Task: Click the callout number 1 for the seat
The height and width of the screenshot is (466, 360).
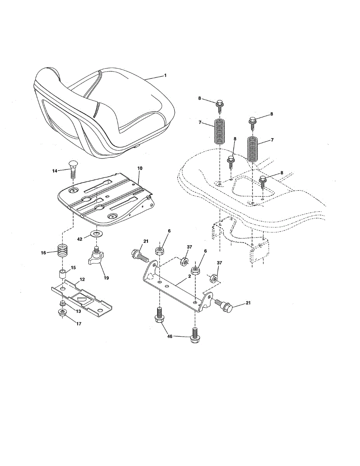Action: (x=165, y=75)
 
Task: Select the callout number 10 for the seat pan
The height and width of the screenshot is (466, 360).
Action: (x=140, y=168)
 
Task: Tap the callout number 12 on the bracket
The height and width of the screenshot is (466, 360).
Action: (x=82, y=279)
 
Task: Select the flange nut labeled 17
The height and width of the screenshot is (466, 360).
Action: (x=62, y=313)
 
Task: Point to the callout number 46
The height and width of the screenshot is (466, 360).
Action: (x=170, y=337)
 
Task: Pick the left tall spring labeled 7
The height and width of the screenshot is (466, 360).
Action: (x=220, y=132)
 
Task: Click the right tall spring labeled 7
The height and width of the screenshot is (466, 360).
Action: (x=253, y=148)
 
